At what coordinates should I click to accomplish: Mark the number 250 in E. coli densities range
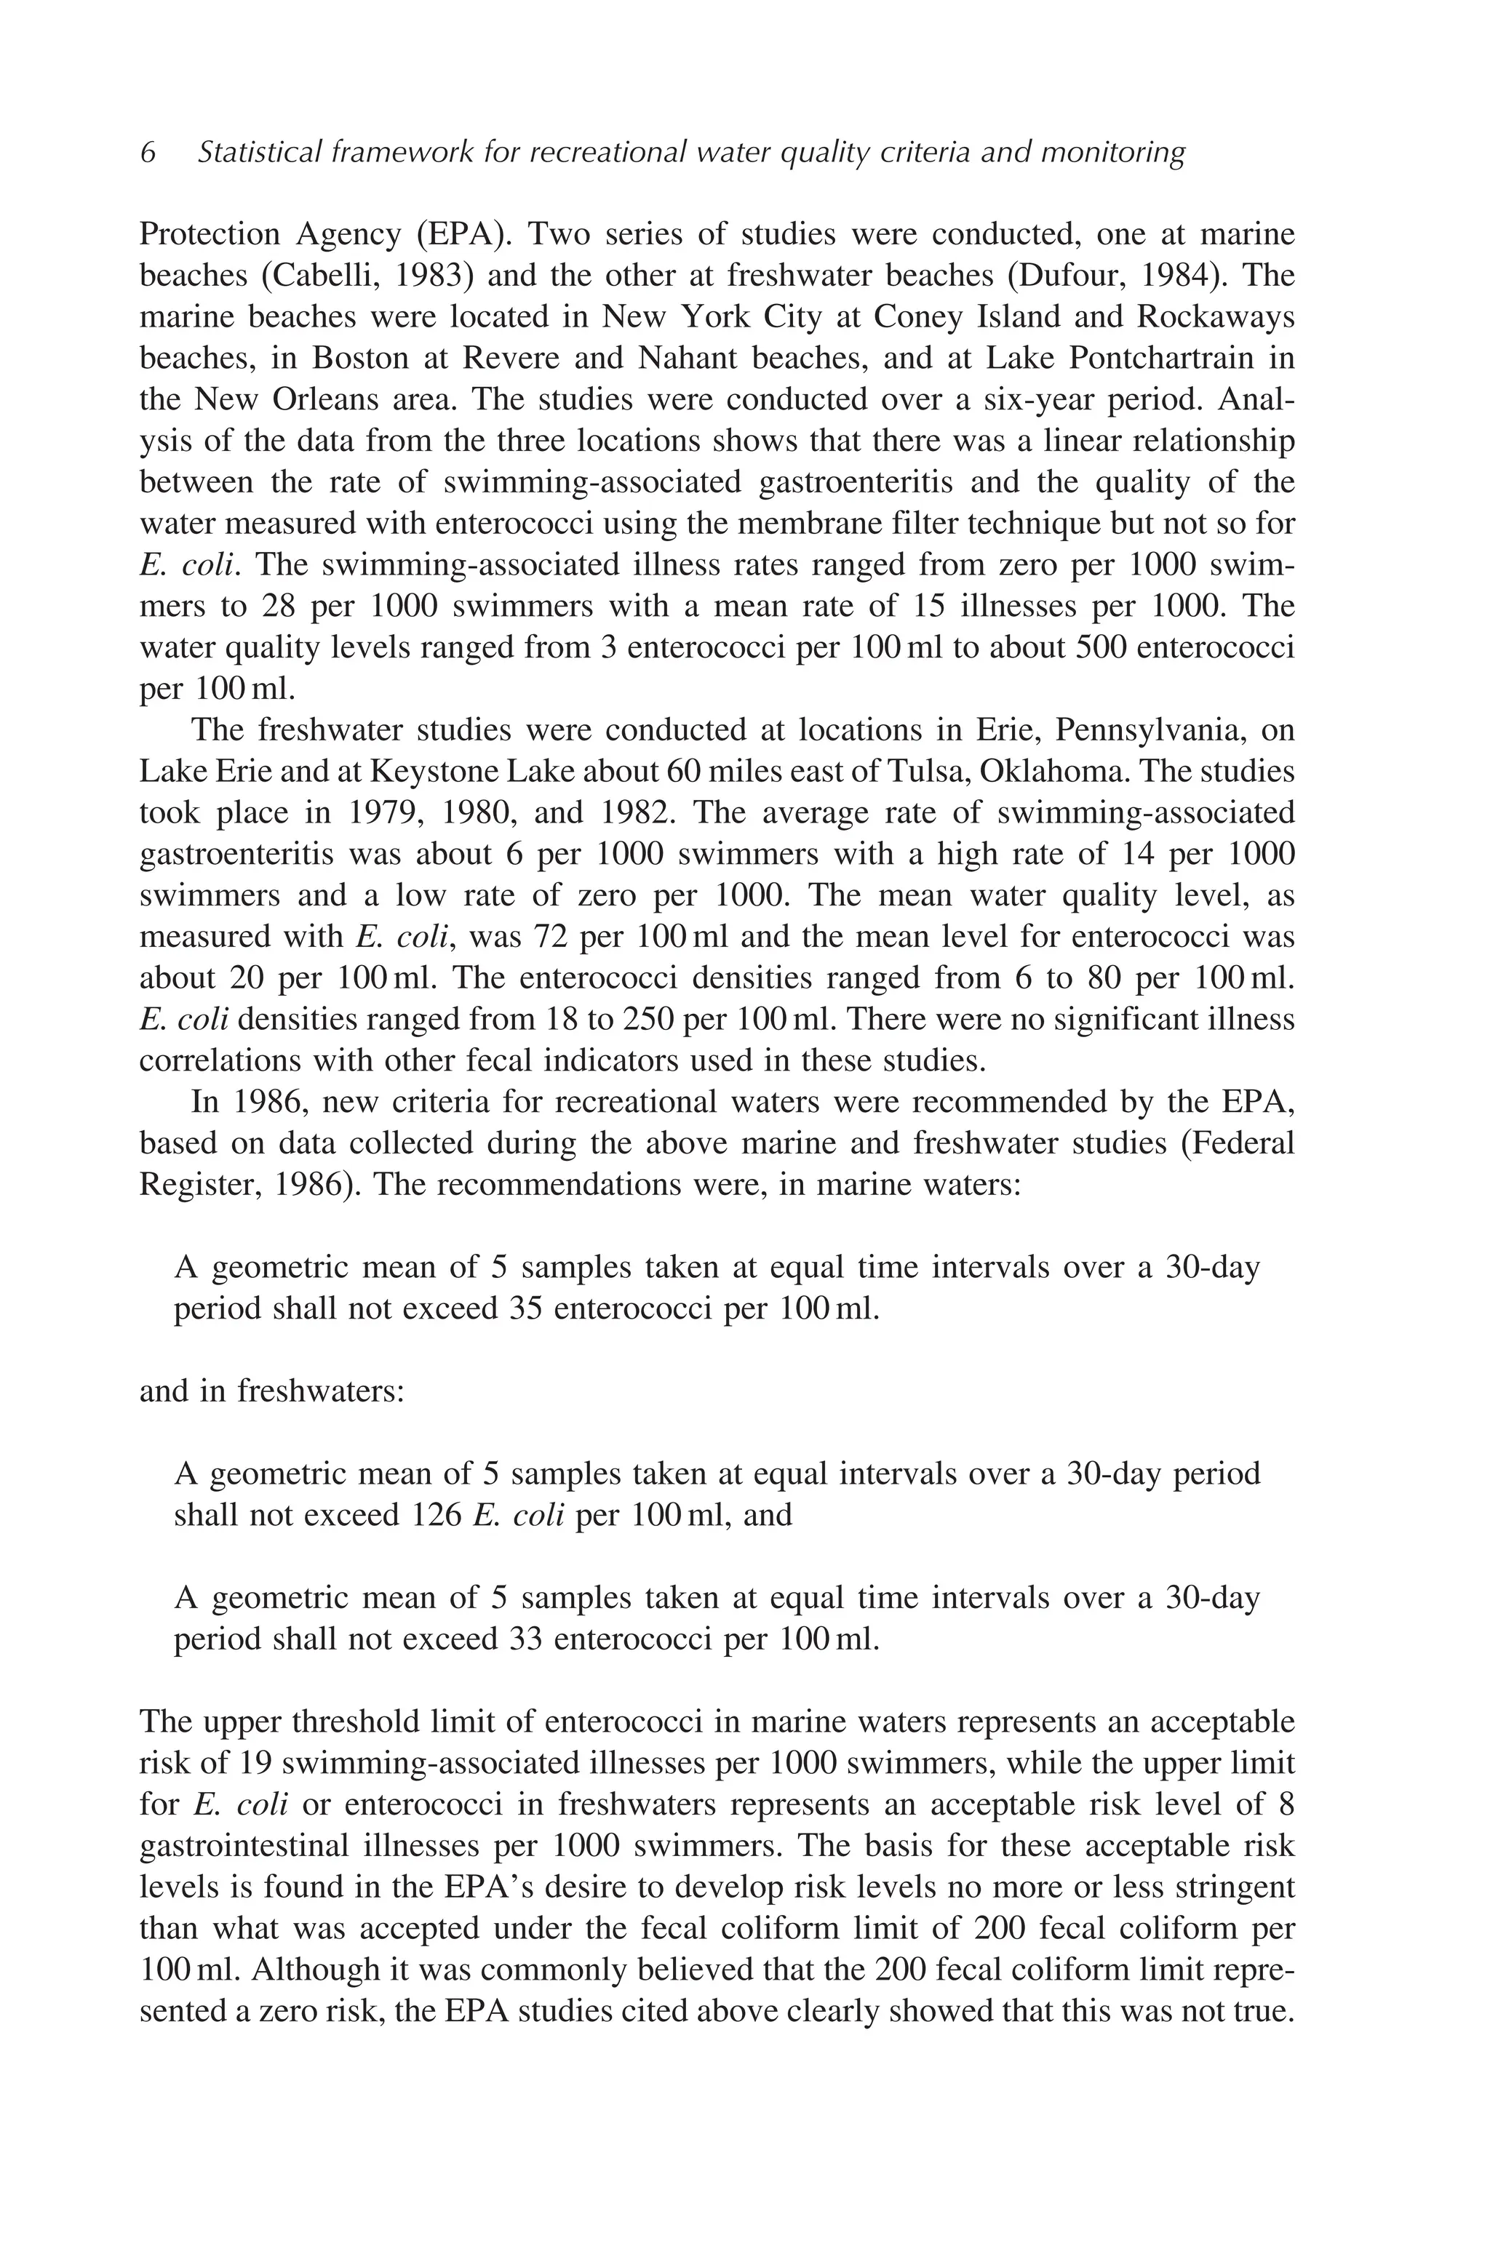click(649, 1020)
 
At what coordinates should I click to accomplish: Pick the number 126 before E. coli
click(437, 1514)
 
